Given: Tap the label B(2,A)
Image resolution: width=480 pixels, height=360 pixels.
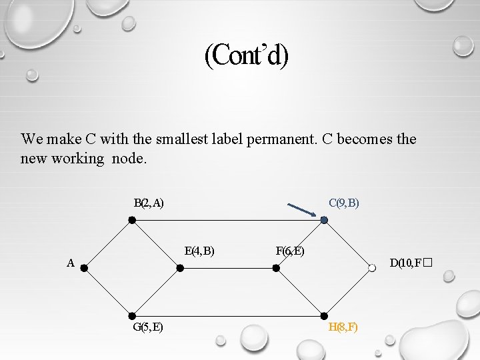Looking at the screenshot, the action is pos(149,203).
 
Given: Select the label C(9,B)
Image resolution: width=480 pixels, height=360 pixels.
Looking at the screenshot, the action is pos(344,203).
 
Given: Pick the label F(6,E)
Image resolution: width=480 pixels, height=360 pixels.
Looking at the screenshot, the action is pos(290,251).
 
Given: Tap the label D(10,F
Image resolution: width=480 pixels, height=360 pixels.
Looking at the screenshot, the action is pos(407,263).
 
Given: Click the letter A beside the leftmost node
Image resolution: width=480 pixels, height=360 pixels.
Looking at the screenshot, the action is pos(70,263).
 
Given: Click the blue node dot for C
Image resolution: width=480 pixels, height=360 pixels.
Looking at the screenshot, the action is pos(324,220).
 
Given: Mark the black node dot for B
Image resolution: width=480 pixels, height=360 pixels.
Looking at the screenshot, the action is pos(132,220).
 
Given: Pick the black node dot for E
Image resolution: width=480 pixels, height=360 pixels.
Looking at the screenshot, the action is pos(180,268).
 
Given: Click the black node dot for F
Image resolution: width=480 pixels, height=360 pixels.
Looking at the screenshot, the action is pos(276,268).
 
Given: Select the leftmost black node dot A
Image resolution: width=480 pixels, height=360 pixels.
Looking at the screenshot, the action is pos(84,268).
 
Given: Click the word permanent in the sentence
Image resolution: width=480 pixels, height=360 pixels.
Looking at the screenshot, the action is pos(284,140).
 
